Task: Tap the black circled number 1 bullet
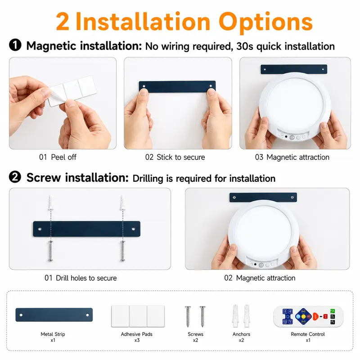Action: coord(15,45)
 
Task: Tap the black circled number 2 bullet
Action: coord(15,177)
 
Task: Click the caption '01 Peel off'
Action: coord(58,157)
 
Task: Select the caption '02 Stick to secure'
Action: coord(175,157)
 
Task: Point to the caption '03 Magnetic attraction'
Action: coord(292,157)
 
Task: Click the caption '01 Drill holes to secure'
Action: coord(81,278)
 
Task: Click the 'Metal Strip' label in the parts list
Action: coord(53,334)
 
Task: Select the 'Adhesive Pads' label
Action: coord(137,334)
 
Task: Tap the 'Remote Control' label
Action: coord(308,334)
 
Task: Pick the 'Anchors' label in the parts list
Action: coord(241,334)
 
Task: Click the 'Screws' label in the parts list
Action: coord(195,334)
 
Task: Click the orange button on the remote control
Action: coord(315,317)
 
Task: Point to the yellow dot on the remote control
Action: coord(303,317)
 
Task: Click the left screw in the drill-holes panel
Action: coord(50,251)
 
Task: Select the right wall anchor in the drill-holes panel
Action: coord(123,203)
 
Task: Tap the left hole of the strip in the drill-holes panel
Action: coord(40,229)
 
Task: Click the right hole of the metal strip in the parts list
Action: coord(87,315)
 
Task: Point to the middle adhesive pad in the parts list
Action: coord(138,316)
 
